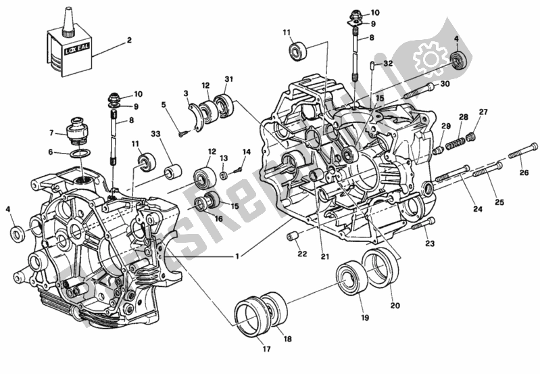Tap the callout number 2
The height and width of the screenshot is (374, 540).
pyautogui.click(x=128, y=41)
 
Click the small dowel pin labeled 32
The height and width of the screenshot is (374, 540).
pyautogui.click(x=374, y=66)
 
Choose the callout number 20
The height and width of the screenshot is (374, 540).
pyautogui.click(x=395, y=305)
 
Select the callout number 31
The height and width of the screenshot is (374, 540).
pyautogui.click(x=229, y=80)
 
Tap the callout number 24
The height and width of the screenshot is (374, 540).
pyautogui.click(x=478, y=209)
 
